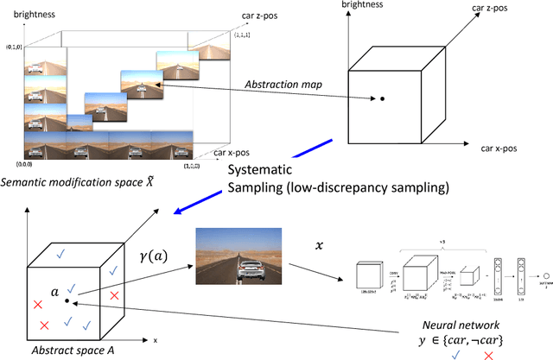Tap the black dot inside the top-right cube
pyautogui.click(x=381, y=99)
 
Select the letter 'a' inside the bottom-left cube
pyautogui.click(x=54, y=294)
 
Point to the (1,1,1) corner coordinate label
pyautogui.click(x=238, y=31)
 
